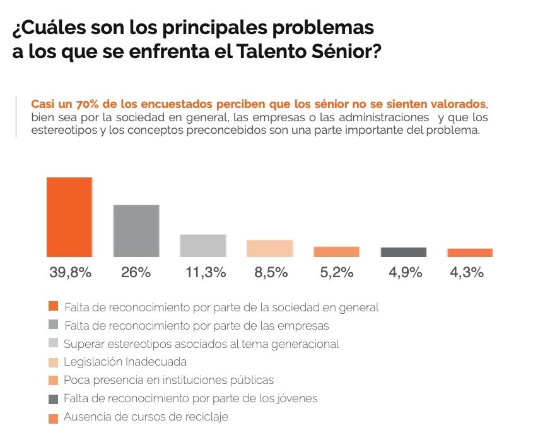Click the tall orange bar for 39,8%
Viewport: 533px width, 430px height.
coord(69,217)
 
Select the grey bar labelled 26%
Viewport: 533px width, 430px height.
coord(136,230)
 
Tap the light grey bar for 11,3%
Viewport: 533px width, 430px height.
coord(202,246)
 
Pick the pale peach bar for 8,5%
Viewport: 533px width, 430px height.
coord(269,248)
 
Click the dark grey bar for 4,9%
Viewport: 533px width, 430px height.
coord(403,252)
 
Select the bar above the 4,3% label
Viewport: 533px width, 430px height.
coord(470,253)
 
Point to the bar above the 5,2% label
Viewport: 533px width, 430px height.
coord(336,251)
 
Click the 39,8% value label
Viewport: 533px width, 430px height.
coord(71,273)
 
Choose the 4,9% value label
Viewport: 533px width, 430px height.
coord(404,273)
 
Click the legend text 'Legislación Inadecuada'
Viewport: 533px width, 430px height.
coord(125,362)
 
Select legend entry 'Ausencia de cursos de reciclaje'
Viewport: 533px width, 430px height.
coord(146,417)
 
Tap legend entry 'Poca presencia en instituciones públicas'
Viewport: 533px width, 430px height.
coord(168,381)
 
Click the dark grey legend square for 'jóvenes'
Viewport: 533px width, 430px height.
coord(53,399)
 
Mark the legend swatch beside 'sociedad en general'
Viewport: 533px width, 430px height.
coord(53,307)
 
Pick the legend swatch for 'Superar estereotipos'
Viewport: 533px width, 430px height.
coord(53,343)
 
